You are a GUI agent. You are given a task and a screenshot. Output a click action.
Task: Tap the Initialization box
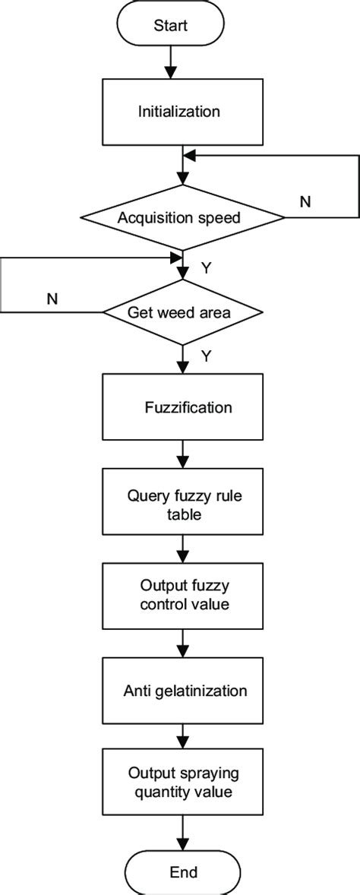(x=179, y=112)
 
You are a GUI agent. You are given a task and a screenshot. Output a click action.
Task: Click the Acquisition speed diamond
(x=180, y=218)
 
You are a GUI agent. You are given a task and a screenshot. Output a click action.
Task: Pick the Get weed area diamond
(x=182, y=312)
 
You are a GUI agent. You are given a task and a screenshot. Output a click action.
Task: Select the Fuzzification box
(x=182, y=406)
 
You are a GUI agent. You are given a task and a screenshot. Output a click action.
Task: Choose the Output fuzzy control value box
(x=182, y=596)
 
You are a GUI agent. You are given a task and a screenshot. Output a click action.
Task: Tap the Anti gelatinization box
(x=182, y=691)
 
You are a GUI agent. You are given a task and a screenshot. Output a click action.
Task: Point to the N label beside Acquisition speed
(x=305, y=202)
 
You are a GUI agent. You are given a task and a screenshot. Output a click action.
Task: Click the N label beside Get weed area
(x=52, y=298)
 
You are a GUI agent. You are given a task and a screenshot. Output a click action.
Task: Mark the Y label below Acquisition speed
(x=206, y=268)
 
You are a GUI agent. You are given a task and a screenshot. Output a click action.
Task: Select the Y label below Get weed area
(x=206, y=355)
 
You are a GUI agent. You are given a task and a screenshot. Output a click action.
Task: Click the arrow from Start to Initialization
(x=171, y=62)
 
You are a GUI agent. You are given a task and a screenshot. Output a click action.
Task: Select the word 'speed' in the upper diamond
(x=224, y=218)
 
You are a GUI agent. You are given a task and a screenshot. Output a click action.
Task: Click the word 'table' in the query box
(x=182, y=514)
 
